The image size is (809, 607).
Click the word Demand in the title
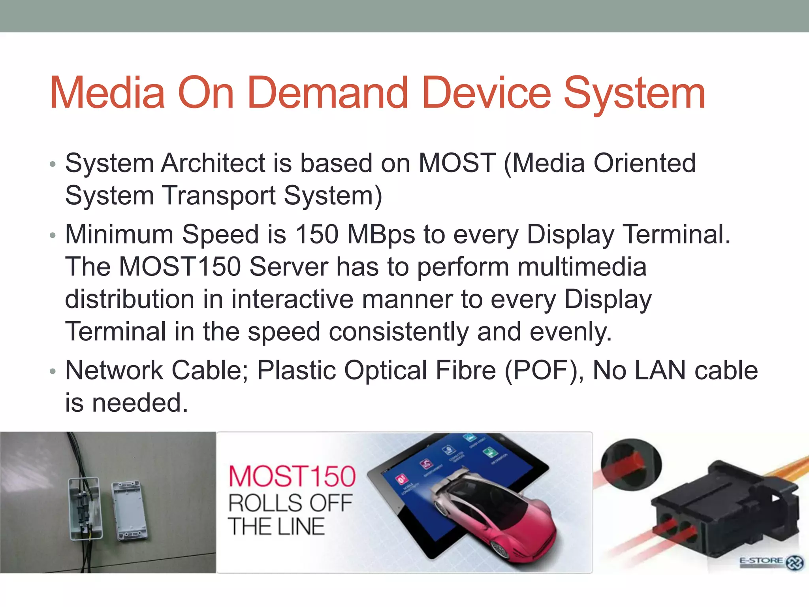click(x=328, y=93)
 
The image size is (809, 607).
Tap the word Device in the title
click(x=486, y=93)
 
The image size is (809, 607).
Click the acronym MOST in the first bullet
click(x=457, y=163)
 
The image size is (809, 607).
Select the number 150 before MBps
click(x=317, y=234)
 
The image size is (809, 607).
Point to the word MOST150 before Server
click(x=180, y=267)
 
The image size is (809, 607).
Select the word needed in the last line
click(x=140, y=403)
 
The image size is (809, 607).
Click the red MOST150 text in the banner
click(x=292, y=476)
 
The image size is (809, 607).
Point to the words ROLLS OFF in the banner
click(x=290, y=503)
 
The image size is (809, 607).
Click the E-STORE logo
click(x=770, y=562)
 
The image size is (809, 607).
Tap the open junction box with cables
click(x=85, y=508)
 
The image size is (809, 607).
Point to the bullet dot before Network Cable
click(x=53, y=371)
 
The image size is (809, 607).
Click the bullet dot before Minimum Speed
click(x=53, y=236)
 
